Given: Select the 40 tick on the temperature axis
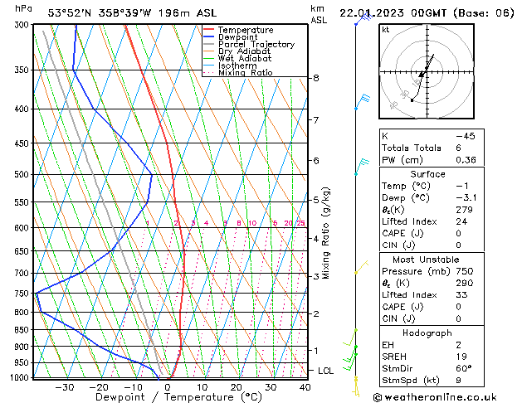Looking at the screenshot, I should tap(305, 387).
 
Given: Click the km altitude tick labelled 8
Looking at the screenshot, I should tap(315, 78).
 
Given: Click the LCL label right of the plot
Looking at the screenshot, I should tap(326, 371).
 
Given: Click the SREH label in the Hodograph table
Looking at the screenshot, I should tap(395, 356).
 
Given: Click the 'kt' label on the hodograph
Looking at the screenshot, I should tap(386, 30).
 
